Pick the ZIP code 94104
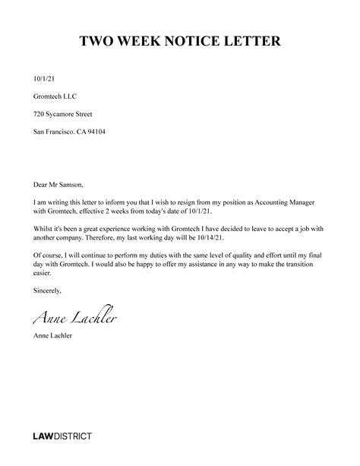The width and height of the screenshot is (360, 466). tap(96, 131)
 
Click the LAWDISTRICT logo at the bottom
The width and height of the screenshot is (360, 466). tap(62, 436)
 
